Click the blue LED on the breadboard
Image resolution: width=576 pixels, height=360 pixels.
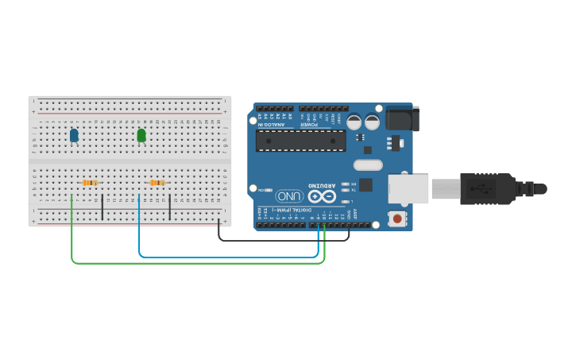point(74,136)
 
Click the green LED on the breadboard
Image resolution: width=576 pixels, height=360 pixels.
point(141,136)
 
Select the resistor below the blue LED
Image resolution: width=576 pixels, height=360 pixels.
point(90,183)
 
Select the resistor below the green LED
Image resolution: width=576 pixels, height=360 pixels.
point(157,183)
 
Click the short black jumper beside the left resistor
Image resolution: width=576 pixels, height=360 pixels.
point(102,204)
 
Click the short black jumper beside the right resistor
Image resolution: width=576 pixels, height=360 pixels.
point(170,204)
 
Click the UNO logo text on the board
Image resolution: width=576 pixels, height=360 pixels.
point(289,195)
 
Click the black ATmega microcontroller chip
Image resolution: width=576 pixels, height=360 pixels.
point(300,141)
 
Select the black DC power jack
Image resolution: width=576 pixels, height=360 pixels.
point(401,119)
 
